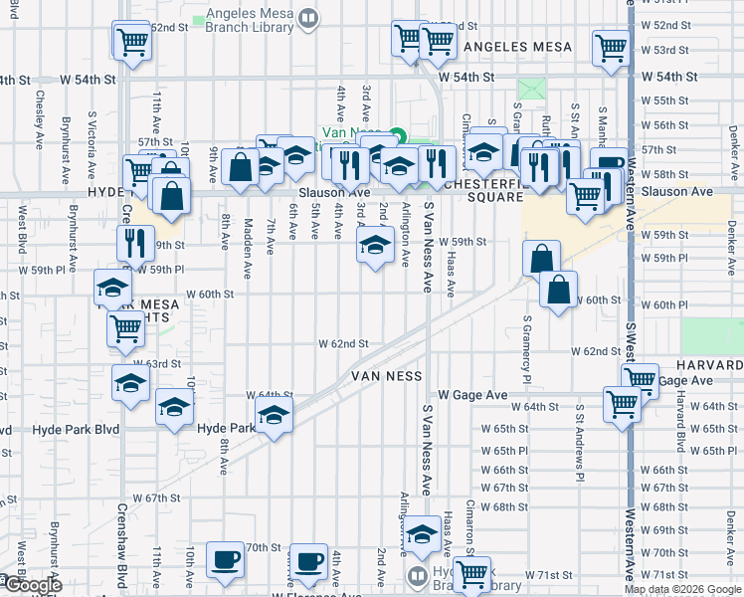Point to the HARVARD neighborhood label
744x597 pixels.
[707, 365]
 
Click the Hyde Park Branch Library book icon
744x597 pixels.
[418, 574]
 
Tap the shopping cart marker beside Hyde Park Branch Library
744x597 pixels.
[472, 574]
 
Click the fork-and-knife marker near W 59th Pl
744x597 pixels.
[134, 242]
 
